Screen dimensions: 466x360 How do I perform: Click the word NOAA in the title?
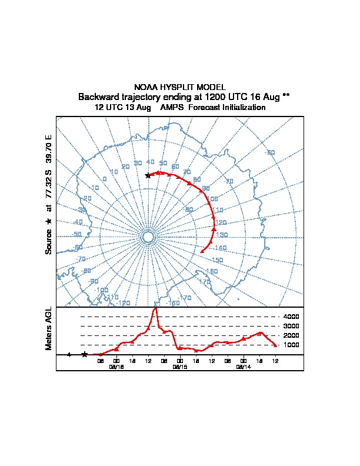[146, 87]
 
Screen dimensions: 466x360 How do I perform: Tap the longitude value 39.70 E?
[49, 149]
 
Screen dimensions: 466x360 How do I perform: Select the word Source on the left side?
[49, 241]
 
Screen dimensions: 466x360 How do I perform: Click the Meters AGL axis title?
[49, 328]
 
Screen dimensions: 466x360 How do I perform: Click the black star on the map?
[148, 175]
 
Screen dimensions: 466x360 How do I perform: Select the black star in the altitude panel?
[85, 354]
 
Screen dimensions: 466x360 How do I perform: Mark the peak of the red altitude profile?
[155, 308]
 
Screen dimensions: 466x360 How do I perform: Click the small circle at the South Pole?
[148, 237]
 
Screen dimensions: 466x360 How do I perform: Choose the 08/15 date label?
[180, 367]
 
